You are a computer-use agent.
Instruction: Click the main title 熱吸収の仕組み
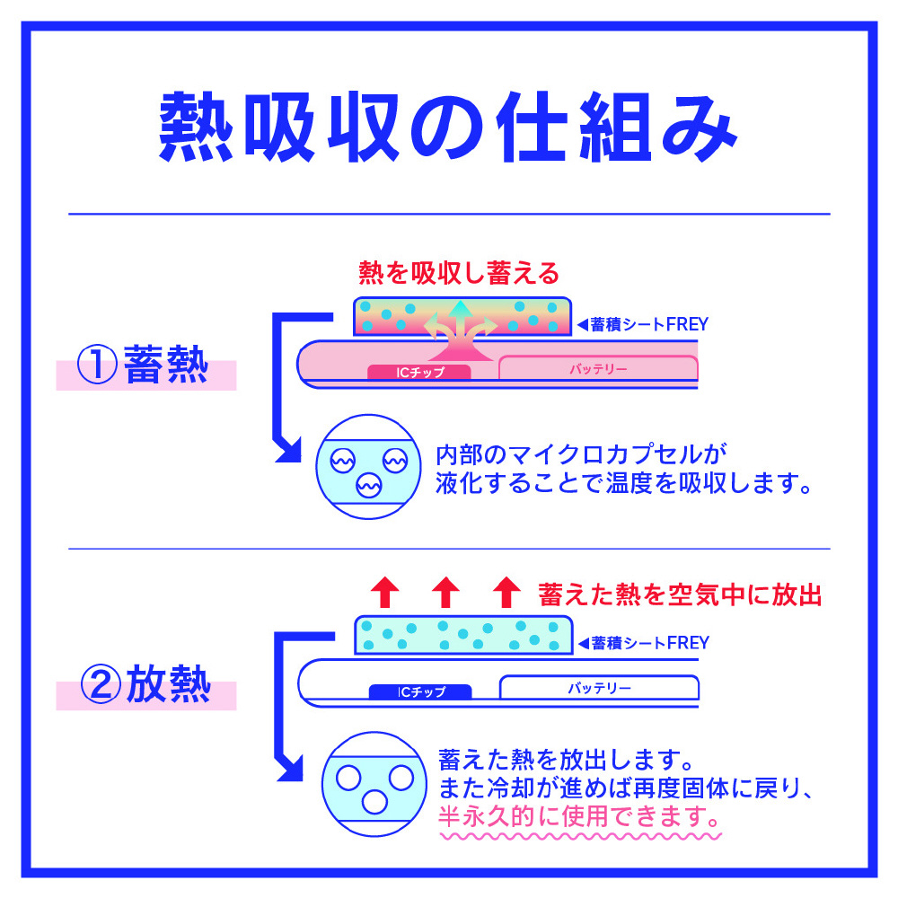coord(448,128)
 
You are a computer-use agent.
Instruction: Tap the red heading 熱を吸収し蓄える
coord(459,273)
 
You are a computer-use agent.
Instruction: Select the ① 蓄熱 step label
coord(143,365)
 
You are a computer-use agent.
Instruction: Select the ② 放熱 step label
coord(145,683)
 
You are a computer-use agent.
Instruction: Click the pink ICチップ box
coord(419,373)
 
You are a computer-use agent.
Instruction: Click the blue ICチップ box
coord(420,691)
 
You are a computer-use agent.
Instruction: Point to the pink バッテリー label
coord(598,369)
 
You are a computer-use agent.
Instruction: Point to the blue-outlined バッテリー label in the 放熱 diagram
coord(600,688)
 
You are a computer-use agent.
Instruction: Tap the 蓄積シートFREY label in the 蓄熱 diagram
coord(643,325)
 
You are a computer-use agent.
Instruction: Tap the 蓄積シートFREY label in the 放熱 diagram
coord(644,643)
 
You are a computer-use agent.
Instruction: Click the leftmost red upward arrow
coord(385,592)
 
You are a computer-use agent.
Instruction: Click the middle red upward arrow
coord(445,592)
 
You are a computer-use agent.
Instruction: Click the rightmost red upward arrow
coord(506,592)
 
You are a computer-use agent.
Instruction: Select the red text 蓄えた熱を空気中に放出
coord(680,595)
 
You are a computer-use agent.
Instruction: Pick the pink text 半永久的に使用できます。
coord(579,816)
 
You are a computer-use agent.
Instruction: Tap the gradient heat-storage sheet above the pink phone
coord(462,316)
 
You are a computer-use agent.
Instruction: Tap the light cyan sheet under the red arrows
coord(464,635)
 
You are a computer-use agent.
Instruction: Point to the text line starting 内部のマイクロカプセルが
coord(581,454)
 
